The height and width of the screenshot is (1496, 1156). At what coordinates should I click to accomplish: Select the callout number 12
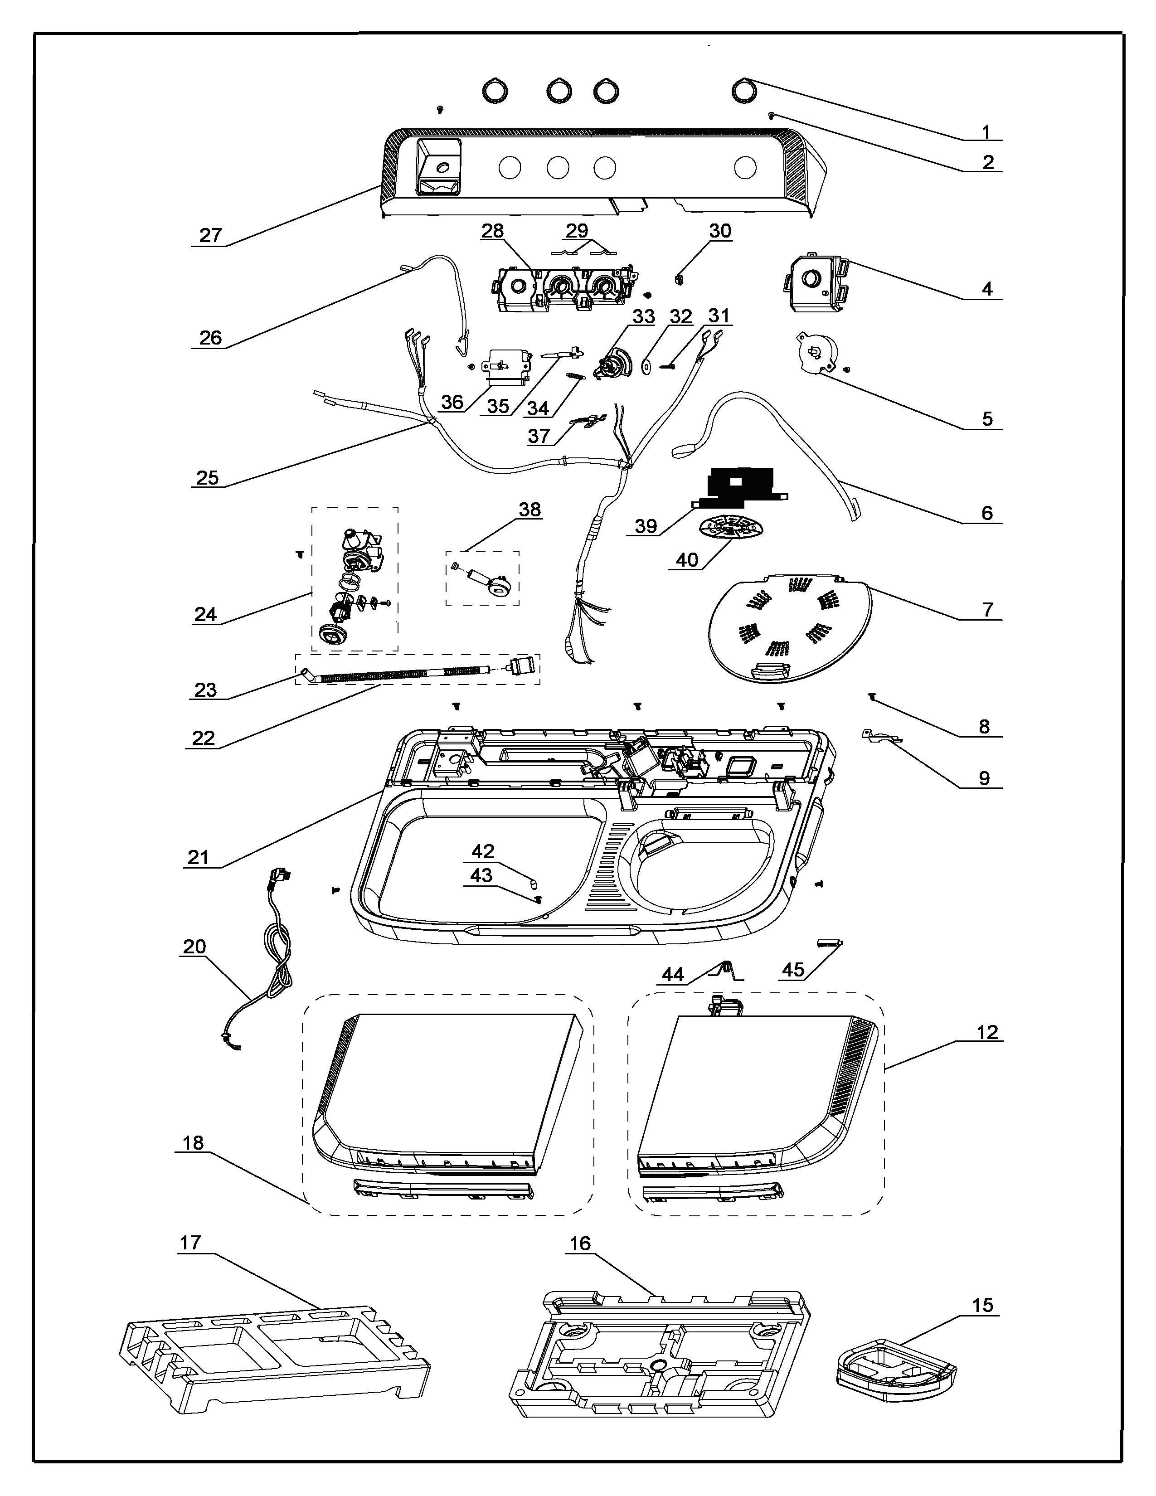[x=987, y=1032]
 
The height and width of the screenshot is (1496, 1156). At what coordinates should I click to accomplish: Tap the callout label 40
[x=687, y=559]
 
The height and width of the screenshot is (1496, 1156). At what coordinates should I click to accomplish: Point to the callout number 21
[x=198, y=857]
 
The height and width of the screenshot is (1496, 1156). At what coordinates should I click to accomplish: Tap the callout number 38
[x=529, y=510]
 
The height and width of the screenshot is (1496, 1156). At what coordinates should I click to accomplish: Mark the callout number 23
[x=205, y=690]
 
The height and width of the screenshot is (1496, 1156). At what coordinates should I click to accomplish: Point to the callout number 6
[x=987, y=512]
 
